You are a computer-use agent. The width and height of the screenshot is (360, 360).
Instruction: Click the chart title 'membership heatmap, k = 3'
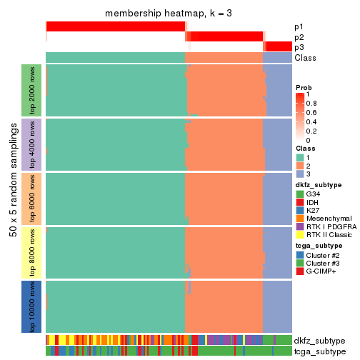tap(169, 14)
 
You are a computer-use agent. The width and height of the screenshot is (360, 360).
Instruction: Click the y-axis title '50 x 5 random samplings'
tap(12, 198)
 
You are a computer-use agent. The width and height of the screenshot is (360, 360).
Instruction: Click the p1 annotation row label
tap(299, 26)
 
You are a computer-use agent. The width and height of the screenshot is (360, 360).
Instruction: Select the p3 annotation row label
tap(299, 47)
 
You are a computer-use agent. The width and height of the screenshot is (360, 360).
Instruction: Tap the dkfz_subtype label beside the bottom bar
tap(319, 341)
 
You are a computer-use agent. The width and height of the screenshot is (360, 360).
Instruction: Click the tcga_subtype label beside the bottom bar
tap(319, 351)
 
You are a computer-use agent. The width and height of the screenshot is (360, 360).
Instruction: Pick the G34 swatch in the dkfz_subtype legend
tap(300, 194)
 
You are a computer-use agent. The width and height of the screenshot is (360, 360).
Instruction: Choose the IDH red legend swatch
tap(300, 202)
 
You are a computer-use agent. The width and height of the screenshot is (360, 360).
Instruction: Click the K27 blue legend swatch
tap(300, 211)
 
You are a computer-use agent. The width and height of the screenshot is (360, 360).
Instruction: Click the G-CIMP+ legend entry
tap(321, 272)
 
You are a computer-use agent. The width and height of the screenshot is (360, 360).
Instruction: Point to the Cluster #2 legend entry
tap(322, 255)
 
